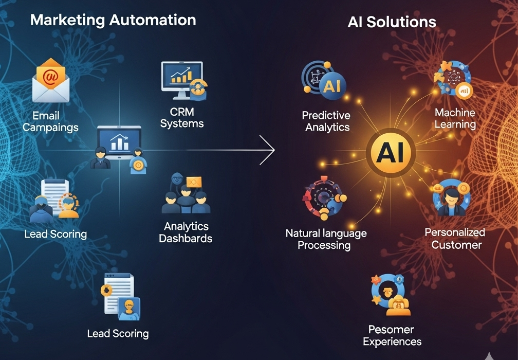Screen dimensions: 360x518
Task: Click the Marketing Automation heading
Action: point(113,21)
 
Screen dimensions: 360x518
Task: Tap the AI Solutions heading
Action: point(392,22)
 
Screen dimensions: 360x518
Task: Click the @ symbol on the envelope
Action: point(50,77)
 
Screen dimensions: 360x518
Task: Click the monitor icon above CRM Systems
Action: point(182,80)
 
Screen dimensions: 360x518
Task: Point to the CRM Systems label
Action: point(182,117)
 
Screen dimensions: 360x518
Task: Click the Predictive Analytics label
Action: point(326,121)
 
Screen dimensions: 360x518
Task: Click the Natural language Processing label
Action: point(326,239)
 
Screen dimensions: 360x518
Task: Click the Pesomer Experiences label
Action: point(392,335)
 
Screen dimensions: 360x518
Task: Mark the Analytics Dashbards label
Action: point(186,232)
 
